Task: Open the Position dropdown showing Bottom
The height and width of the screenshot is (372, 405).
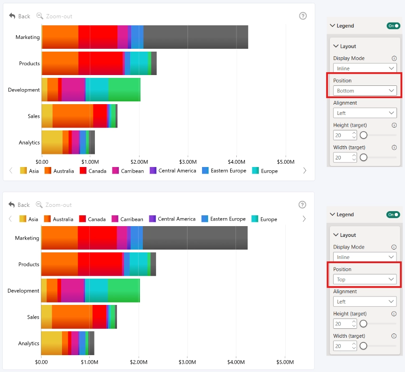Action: pos(365,91)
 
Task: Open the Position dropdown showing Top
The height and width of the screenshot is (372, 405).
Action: pos(365,279)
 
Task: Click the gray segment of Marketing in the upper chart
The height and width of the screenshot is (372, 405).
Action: pos(195,37)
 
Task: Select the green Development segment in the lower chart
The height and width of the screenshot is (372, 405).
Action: pos(124,290)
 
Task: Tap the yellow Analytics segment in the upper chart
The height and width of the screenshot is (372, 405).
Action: pos(52,142)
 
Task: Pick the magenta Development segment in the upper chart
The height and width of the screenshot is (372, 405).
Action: pos(73,90)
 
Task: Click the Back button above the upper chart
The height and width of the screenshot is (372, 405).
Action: pos(19,16)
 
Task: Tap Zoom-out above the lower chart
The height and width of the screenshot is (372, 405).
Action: pos(54,205)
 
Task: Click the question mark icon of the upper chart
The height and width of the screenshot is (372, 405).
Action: pos(303,16)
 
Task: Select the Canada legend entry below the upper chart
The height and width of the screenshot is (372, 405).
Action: pos(93,171)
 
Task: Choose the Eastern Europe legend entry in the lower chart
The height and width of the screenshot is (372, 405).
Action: pos(223,219)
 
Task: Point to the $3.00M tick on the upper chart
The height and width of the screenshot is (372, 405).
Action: pos(188,162)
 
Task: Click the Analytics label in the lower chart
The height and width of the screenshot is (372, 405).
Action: pos(29,343)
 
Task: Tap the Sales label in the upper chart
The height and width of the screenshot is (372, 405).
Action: pos(34,116)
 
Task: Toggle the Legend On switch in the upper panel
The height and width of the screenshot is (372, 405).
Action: pos(393,26)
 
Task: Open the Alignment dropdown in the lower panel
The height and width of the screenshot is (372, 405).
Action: pos(365,301)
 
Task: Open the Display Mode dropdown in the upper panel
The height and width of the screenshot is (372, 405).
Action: pos(365,68)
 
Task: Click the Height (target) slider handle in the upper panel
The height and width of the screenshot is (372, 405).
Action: pos(363,135)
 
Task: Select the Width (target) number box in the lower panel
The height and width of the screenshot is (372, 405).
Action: pos(345,346)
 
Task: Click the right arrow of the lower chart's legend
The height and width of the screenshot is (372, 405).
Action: pos(304,219)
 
